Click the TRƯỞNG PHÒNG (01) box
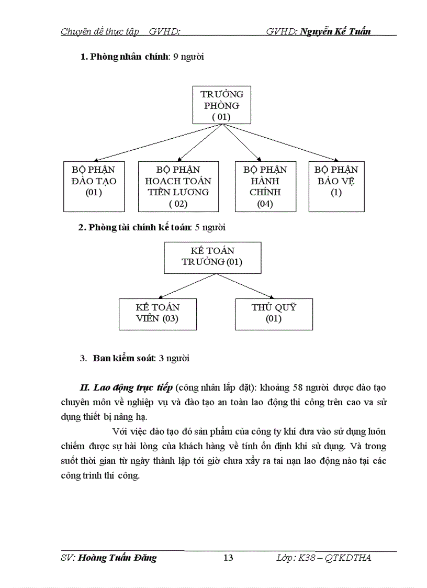pos(221,105)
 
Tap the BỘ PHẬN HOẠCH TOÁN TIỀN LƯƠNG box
pos(178,186)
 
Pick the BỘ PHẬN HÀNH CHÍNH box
pos(265,186)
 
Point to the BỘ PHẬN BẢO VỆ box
pos(336,186)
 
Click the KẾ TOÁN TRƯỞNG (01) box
pos(212,257)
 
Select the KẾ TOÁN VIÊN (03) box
pos(158,314)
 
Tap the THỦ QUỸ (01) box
pos(273,314)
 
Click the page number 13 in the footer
pos(228,558)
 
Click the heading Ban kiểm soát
pos(123,359)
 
